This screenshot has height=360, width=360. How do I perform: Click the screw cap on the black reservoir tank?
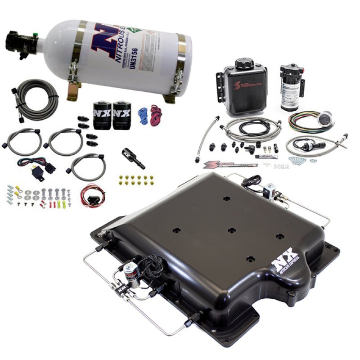(244, 63)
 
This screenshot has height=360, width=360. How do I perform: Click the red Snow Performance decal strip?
(229, 165)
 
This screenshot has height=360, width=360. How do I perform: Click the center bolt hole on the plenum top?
(231, 230)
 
